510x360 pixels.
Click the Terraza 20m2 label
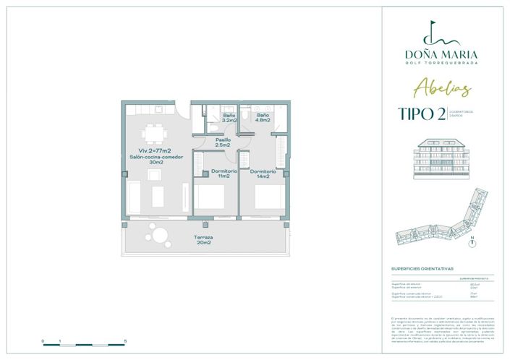[203, 240]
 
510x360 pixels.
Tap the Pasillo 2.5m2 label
[222, 142]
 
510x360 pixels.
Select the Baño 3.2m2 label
[229, 117]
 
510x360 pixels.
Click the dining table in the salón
[153, 134]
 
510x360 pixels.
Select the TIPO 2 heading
[420, 113]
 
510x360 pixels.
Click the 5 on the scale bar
[125, 340]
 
